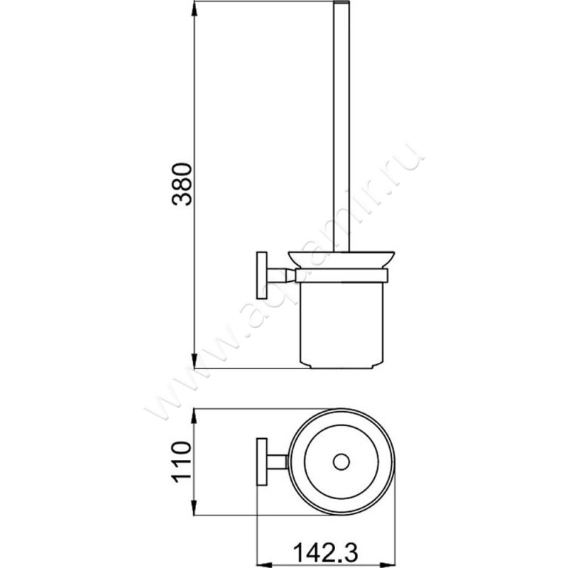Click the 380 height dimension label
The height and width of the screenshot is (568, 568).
tap(182, 185)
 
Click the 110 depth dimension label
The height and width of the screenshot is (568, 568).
tap(182, 462)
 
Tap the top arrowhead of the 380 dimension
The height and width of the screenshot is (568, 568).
tap(195, 9)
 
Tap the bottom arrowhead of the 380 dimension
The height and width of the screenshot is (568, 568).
tap(195, 361)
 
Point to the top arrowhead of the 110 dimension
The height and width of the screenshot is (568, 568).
tap(194, 417)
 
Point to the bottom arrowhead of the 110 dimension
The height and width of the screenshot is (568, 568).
tap(194, 507)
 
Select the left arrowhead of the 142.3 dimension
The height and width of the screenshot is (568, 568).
tap(265, 565)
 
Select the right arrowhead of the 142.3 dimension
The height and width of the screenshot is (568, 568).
tap(387, 565)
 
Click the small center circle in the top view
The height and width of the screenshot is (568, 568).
tap(342, 462)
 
